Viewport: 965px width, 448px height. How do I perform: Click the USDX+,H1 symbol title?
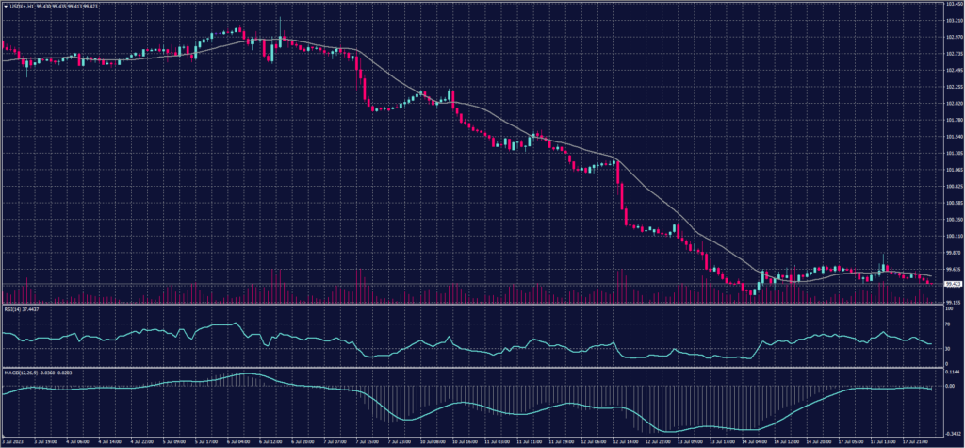(26, 7)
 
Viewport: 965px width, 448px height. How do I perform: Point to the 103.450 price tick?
(951, 5)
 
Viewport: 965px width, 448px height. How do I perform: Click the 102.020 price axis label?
(951, 104)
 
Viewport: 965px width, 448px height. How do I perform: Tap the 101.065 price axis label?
(951, 170)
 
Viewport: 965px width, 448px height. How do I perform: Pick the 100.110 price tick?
(951, 236)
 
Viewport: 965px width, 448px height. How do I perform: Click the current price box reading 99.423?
(952, 283)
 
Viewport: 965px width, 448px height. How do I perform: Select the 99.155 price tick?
(951, 302)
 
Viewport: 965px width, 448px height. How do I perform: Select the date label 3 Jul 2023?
(16, 440)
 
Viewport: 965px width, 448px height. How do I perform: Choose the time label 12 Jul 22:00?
(658, 440)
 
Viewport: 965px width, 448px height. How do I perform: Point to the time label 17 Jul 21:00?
(917, 440)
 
